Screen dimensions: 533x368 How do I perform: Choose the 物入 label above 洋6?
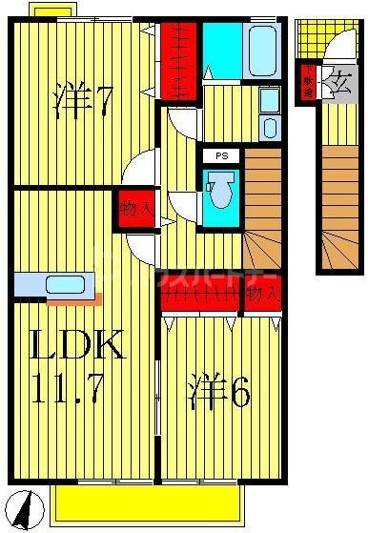[261, 295]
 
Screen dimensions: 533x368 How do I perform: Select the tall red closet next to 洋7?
[178, 57]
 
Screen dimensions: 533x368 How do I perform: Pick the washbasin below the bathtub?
[270, 114]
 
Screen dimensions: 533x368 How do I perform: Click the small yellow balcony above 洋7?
[55, 9]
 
